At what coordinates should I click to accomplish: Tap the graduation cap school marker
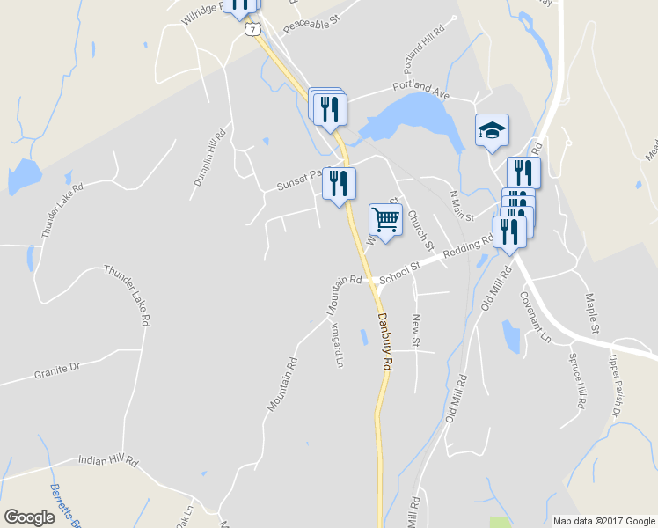click(492, 131)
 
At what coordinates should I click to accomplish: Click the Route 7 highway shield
click(253, 29)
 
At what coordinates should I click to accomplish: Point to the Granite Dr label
click(56, 370)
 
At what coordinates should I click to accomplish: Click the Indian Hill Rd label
click(108, 459)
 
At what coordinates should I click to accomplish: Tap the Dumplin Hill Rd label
click(209, 158)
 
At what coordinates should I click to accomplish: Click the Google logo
click(29, 517)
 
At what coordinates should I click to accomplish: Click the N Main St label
click(462, 205)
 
